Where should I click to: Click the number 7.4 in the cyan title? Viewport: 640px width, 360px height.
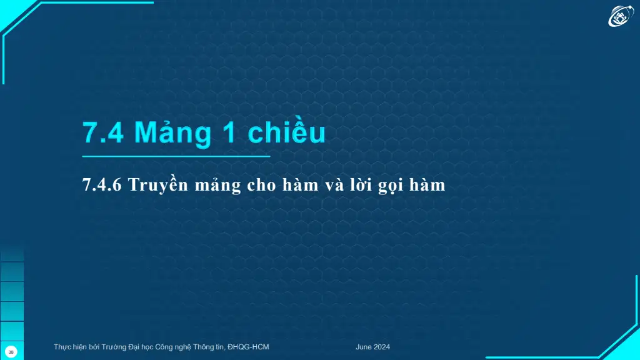click(x=103, y=132)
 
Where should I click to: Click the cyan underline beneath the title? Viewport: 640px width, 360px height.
click(x=176, y=156)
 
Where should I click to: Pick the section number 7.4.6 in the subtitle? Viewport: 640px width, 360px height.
click(x=102, y=185)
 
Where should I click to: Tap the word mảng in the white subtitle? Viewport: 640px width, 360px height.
click(x=218, y=185)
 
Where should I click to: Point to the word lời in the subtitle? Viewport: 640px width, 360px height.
click(x=361, y=184)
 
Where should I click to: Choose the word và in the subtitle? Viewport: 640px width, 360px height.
click(x=335, y=185)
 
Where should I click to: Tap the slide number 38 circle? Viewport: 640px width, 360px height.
click(x=11, y=352)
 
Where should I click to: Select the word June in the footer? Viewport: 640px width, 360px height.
click(x=363, y=347)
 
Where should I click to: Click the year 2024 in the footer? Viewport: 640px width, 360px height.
click(x=382, y=347)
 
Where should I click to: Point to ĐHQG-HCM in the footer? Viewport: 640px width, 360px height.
click(x=248, y=347)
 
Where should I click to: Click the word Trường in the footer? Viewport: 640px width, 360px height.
click(x=114, y=347)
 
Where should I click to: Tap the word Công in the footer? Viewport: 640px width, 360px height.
click(x=164, y=347)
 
